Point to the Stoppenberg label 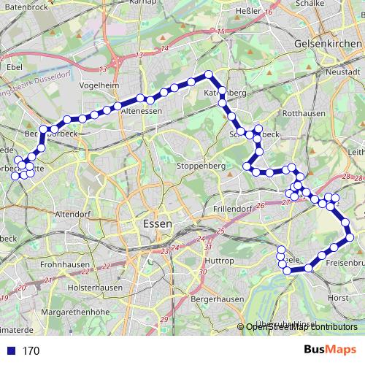pyautogui.click(x=201, y=166)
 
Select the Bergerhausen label pyautogui.click(x=216, y=299)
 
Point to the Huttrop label pyautogui.click(x=219, y=260)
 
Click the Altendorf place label pyautogui.click(x=72, y=214)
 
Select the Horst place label pyautogui.click(x=338, y=297)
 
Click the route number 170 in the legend pyautogui.click(x=31, y=351)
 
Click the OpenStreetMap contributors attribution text pyautogui.click(x=301, y=327)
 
